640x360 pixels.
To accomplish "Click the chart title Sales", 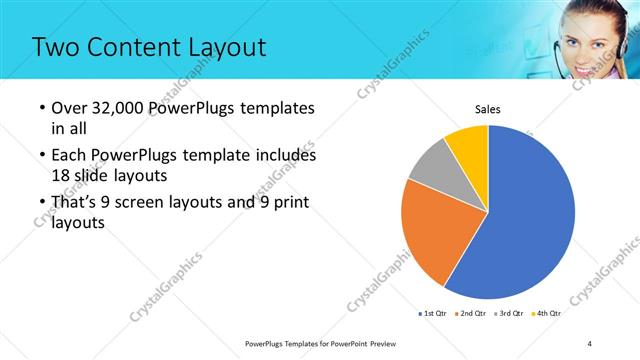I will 487,109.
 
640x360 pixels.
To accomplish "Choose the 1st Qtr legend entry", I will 432,314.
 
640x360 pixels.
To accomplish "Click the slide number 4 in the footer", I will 590,344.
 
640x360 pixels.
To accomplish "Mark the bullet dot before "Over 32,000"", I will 41,108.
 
